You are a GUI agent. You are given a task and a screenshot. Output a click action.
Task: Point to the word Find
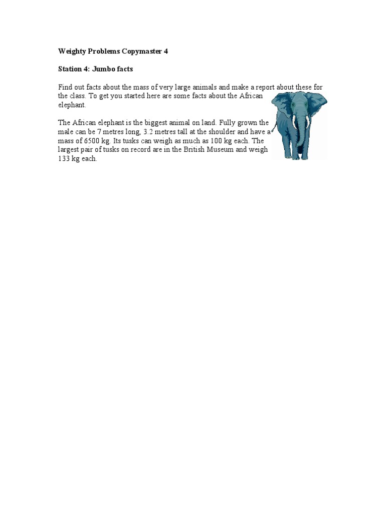pyautogui.click(x=66, y=87)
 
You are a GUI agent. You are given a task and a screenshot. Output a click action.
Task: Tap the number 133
pyautogui.click(x=65, y=159)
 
